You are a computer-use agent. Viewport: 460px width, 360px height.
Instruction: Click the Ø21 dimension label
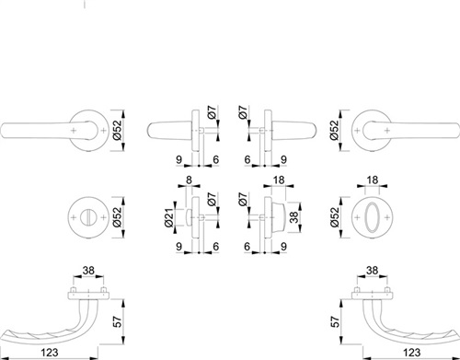169,217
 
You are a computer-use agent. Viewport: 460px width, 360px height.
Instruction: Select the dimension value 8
189,180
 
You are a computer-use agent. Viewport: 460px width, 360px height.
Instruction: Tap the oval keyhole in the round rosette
372,217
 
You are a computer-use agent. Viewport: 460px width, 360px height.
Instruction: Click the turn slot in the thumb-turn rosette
88,217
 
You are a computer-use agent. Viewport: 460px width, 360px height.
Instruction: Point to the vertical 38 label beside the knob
293,217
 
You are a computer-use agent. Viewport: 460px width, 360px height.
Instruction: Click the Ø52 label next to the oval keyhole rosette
335,217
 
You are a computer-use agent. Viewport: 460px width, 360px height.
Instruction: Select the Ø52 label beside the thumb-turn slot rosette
117,217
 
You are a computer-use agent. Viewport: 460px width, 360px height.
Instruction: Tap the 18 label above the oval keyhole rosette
373,180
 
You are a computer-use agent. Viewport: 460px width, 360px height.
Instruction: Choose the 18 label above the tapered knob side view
279,180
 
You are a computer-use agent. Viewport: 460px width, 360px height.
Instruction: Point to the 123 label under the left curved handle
50,353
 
